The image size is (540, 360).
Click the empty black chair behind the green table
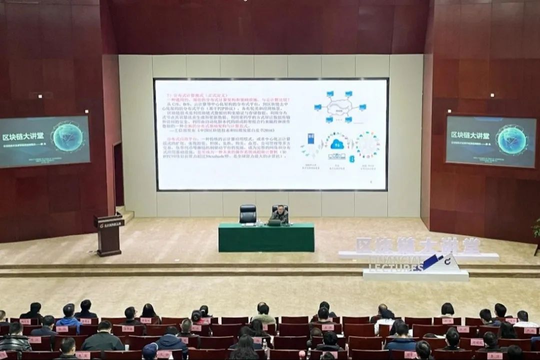click(248, 213)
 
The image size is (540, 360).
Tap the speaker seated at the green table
click(280, 215)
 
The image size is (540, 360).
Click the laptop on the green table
click(274, 222)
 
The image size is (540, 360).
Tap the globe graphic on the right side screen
click(511, 139)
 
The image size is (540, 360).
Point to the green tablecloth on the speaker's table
click(266, 238)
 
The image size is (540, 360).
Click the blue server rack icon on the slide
click(310, 139)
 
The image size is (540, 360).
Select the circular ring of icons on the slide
click(368, 145)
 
